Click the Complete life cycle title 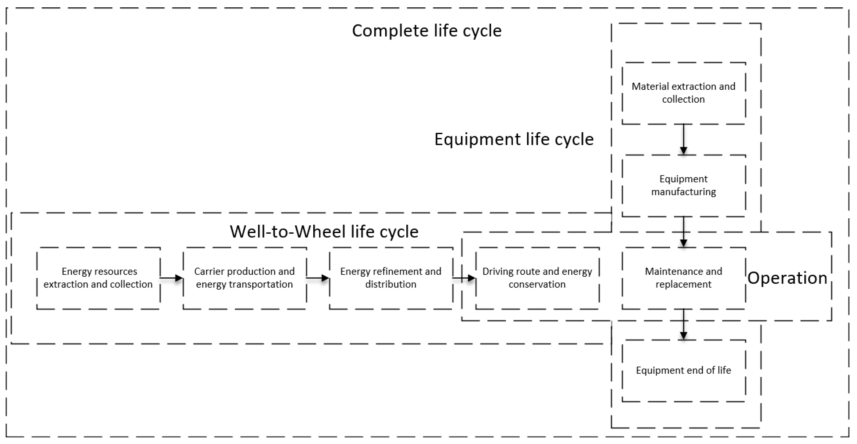point(427,31)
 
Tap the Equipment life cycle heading point(514,139)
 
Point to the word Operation point(787,278)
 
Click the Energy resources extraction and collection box point(99,278)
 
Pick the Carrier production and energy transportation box point(244,278)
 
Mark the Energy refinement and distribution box point(391,278)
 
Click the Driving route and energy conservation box point(537,278)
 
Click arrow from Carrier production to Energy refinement point(318,278)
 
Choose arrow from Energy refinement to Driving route point(464,278)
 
